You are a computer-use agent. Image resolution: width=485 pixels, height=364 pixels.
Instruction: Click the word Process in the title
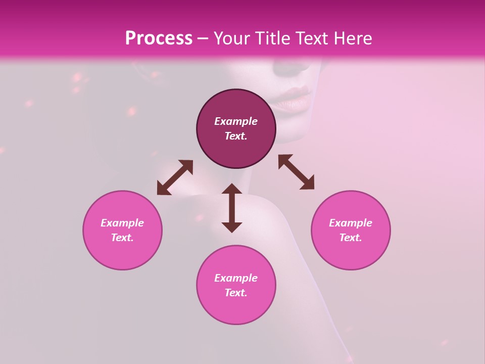(x=159, y=38)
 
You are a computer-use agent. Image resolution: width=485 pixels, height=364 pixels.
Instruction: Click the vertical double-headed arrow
(x=232, y=208)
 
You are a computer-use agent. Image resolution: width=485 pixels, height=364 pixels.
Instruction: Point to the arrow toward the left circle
(x=175, y=177)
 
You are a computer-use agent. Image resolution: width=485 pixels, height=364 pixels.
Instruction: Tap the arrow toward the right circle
(x=296, y=172)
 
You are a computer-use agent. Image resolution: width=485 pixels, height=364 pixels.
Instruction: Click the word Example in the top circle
(x=236, y=121)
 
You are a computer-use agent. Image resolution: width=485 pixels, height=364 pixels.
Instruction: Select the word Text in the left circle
(x=122, y=238)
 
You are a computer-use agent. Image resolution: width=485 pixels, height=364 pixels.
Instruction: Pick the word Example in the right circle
(x=351, y=223)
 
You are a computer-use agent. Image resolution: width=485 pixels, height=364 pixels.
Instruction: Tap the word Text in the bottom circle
(x=236, y=293)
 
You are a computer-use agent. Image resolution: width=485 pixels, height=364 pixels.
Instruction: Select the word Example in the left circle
(x=122, y=223)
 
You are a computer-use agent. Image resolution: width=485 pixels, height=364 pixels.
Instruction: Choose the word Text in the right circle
(x=351, y=238)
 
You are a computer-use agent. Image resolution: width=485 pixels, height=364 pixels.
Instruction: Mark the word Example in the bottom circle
(x=236, y=278)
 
